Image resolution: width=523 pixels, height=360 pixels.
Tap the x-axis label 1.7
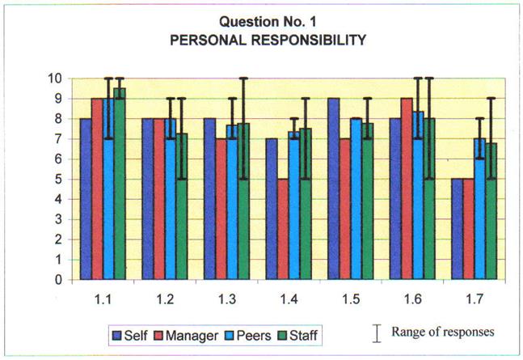tap(482, 299)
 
